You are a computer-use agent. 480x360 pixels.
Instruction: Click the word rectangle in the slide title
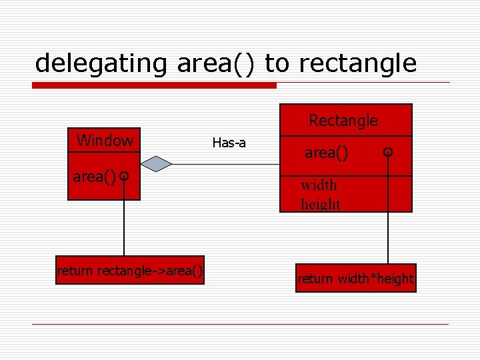[x=357, y=63]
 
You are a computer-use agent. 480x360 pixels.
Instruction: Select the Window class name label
[x=105, y=141]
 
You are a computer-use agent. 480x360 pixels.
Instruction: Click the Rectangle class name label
[x=343, y=121]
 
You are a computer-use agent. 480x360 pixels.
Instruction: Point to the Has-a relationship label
[x=229, y=142]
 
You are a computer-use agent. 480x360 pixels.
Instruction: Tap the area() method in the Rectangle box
[x=326, y=153]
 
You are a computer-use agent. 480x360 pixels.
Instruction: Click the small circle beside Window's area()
[x=124, y=177]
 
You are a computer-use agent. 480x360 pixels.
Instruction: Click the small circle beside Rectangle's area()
[x=388, y=153]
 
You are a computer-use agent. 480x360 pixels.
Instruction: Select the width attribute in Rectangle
[x=319, y=185]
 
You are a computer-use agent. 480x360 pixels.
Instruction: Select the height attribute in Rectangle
[x=321, y=204]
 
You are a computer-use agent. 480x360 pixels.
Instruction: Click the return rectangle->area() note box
[x=129, y=270]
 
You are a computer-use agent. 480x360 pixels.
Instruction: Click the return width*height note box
[x=355, y=278]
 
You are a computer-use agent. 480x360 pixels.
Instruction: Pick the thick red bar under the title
[x=155, y=85]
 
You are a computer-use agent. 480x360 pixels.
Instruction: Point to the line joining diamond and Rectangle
[x=227, y=163]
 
